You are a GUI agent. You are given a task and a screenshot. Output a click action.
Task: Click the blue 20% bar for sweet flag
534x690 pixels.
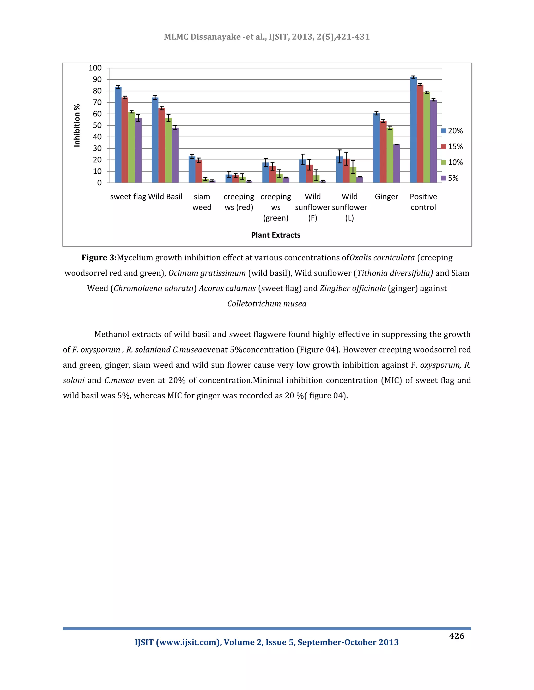(118, 135)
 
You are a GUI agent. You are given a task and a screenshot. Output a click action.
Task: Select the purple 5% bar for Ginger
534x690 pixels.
(396, 164)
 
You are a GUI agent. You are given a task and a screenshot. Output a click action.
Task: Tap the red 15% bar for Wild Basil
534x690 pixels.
(162, 145)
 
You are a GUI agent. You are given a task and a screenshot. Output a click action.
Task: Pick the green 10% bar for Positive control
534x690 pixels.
(426, 137)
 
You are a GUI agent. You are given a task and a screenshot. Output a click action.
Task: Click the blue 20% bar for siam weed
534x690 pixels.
(192, 170)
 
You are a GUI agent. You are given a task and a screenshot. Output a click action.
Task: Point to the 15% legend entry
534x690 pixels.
(452, 147)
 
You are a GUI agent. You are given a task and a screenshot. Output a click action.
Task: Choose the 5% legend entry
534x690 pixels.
(450, 178)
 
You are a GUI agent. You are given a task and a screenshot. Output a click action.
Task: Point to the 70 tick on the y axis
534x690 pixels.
(97, 102)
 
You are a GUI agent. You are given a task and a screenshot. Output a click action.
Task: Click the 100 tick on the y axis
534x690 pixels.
(95, 68)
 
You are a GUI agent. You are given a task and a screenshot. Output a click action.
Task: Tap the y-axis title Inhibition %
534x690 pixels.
(77, 126)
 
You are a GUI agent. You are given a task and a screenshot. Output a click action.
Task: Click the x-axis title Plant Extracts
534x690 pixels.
(276, 235)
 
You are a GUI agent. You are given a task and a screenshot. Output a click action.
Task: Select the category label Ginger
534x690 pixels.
(386, 197)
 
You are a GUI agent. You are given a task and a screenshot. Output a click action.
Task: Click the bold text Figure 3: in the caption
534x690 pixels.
(99, 258)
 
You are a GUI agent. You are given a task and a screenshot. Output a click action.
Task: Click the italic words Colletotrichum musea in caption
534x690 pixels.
(267, 304)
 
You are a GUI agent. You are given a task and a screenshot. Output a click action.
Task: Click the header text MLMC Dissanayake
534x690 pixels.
(202, 37)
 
